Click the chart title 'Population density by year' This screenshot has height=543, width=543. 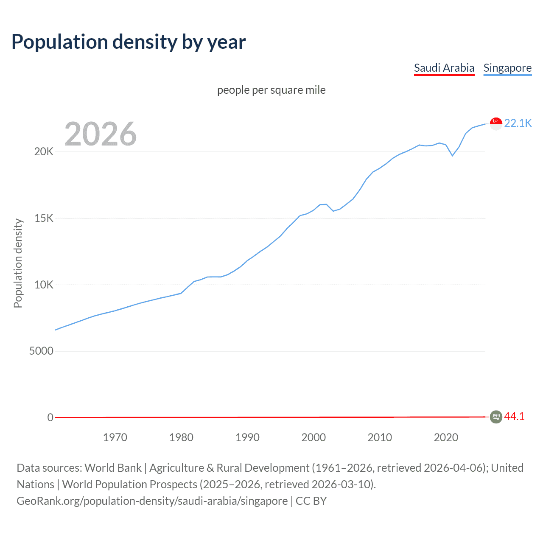pyautogui.click(x=129, y=42)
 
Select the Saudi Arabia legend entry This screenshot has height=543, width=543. pyautogui.click(x=444, y=68)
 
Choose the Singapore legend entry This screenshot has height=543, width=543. pyautogui.click(x=507, y=68)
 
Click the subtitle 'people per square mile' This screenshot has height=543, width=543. pyautogui.click(x=271, y=90)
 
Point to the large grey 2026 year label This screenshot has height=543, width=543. pyautogui.click(x=101, y=134)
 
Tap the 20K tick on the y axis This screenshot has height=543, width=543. pyautogui.click(x=44, y=152)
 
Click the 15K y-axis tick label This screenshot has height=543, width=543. pyautogui.click(x=44, y=218)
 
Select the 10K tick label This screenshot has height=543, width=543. pyautogui.click(x=44, y=285)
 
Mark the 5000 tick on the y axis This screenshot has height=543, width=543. pyautogui.click(x=41, y=351)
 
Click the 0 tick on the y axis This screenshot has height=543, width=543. pyautogui.click(x=50, y=417)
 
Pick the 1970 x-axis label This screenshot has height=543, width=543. pyautogui.click(x=115, y=437)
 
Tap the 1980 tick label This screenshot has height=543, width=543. pyautogui.click(x=181, y=437)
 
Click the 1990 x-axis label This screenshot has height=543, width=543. pyautogui.click(x=247, y=437)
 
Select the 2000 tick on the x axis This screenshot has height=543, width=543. pyautogui.click(x=313, y=437)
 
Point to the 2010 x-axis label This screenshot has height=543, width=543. pyautogui.click(x=380, y=437)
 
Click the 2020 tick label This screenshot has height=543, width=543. pyautogui.click(x=446, y=437)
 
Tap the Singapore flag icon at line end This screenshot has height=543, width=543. pyautogui.click(x=496, y=123)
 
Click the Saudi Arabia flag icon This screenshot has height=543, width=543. pyautogui.click(x=496, y=417)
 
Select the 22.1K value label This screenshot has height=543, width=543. pyautogui.click(x=518, y=123)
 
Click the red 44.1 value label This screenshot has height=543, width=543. pyautogui.click(x=514, y=417)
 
